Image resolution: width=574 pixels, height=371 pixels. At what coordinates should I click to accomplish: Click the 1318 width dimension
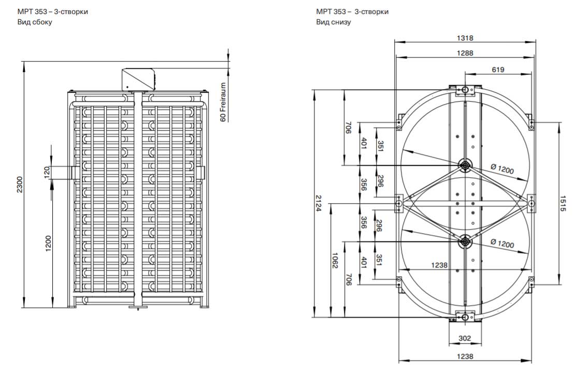465,38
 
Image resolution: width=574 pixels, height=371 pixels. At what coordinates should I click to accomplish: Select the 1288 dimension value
465,53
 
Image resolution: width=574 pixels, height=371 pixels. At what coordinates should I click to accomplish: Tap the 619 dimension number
498,69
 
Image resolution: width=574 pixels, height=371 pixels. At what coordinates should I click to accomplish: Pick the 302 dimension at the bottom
465,338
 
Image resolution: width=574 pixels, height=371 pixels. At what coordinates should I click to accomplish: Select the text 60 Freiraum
223,102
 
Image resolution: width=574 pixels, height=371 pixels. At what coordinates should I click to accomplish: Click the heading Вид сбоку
35,22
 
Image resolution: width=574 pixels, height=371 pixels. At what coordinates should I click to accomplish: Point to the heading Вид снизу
334,22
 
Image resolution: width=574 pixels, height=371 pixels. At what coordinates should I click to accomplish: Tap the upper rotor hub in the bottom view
465,166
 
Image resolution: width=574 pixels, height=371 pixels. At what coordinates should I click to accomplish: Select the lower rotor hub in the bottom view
465,241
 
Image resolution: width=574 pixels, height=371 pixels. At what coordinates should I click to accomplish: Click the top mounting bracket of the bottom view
465,91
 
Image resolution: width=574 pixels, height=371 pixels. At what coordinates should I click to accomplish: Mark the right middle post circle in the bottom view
531,204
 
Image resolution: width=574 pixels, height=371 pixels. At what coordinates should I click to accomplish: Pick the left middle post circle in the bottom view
398,204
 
